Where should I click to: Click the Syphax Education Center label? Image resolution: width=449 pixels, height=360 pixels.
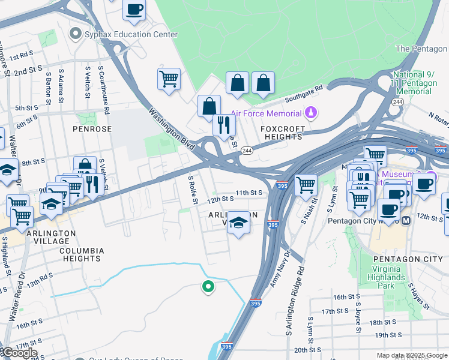point(131,34)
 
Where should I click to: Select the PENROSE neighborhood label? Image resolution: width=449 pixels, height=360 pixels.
point(92,128)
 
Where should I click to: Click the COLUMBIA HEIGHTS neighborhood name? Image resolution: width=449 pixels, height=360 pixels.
point(82,254)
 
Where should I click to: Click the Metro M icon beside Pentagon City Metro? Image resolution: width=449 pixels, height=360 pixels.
point(406,221)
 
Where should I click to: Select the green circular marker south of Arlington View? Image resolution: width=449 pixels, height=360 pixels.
point(208,287)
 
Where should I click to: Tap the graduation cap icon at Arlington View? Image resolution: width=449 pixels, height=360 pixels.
point(238,224)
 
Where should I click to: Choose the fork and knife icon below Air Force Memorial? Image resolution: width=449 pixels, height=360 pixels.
point(224,125)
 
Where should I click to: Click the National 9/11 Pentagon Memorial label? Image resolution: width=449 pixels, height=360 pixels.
point(414,83)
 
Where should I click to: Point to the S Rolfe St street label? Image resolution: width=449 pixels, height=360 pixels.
point(193,189)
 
